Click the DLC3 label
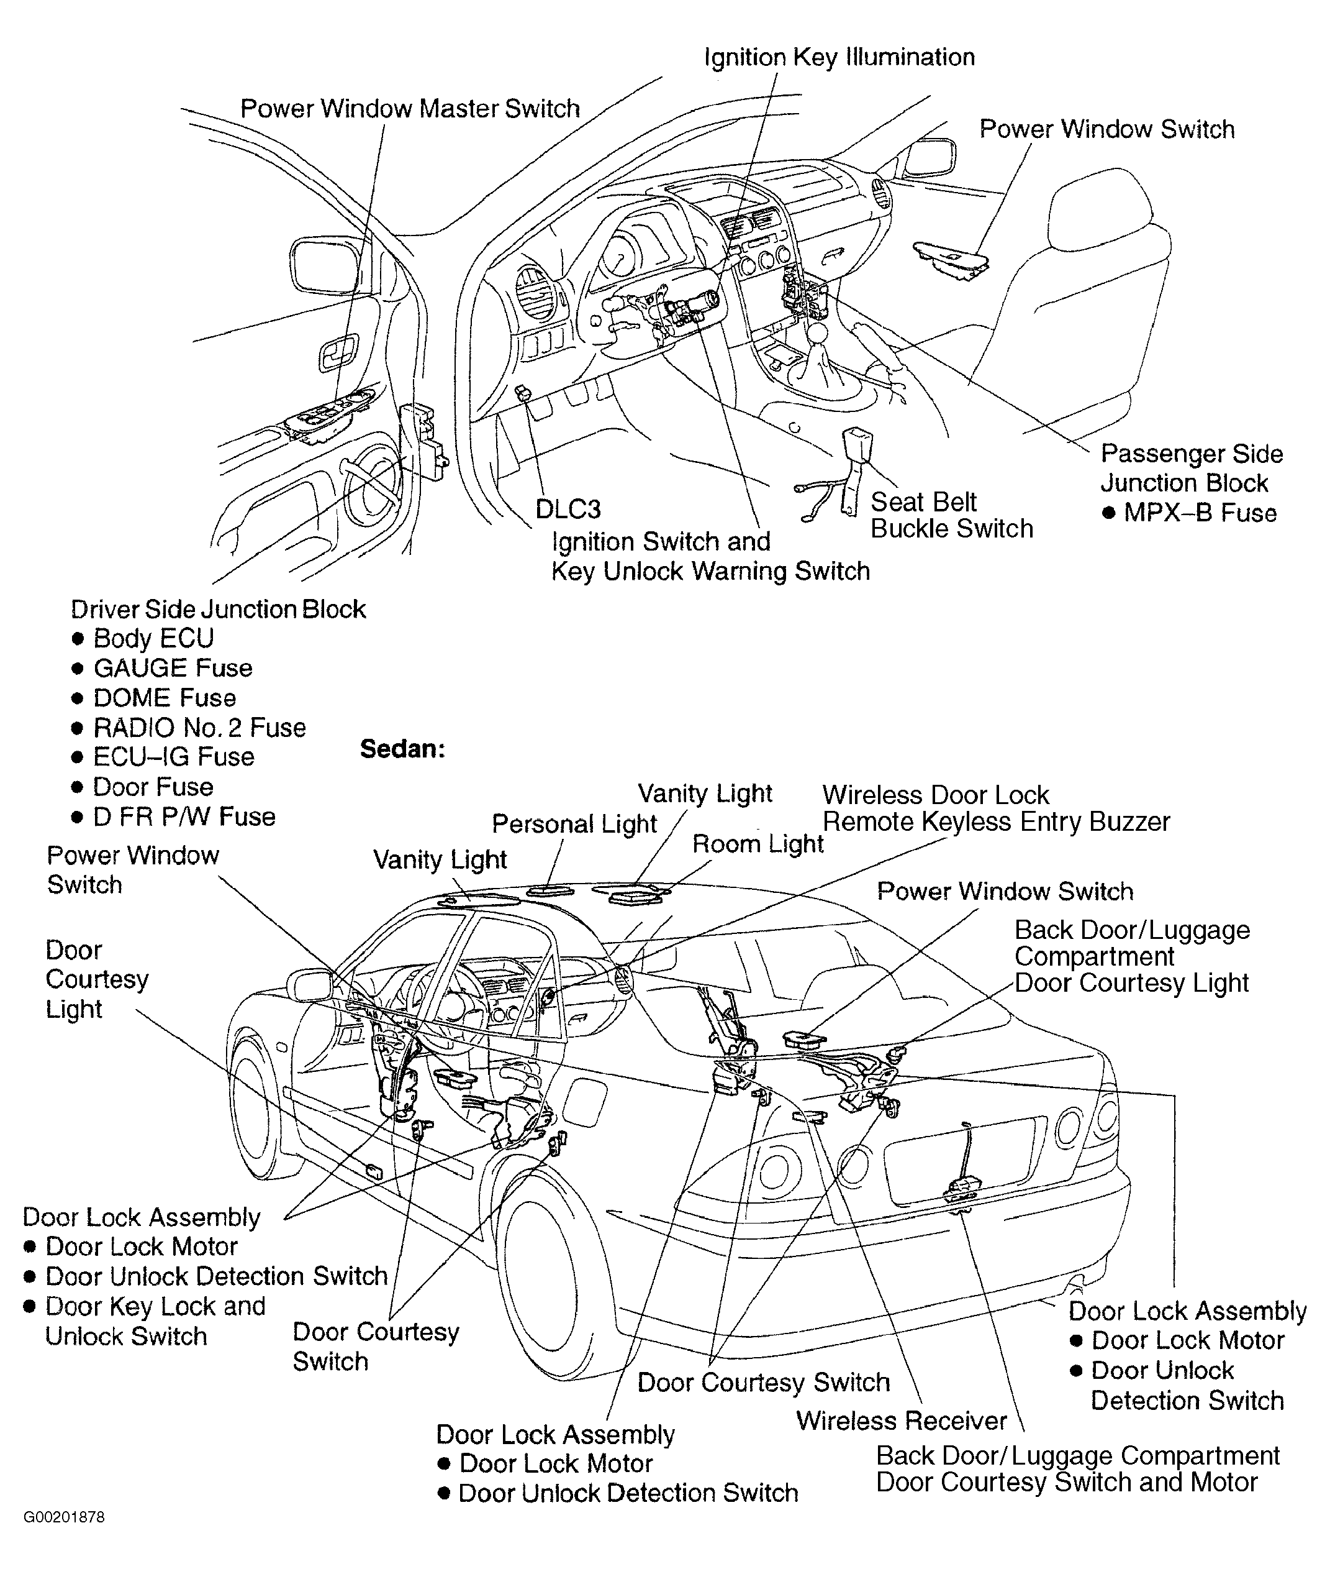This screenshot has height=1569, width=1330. pos(568,509)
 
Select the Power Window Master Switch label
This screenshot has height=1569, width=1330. pos(409,109)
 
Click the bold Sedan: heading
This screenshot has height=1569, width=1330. pos(402,749)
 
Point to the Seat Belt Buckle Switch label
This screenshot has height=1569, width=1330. pos(951,515)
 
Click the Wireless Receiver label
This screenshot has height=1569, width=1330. pos(901,1421)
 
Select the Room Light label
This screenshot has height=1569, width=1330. pos(757,844)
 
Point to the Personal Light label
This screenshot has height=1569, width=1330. pos(574,824)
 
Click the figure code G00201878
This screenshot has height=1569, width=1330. pos(64,1517)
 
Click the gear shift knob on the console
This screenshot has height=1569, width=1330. pos(818,332)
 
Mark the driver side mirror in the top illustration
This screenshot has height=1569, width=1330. pos(324,265)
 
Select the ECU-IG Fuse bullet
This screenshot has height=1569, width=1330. pos(173,757)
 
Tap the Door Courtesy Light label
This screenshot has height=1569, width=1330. pos(96,979)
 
